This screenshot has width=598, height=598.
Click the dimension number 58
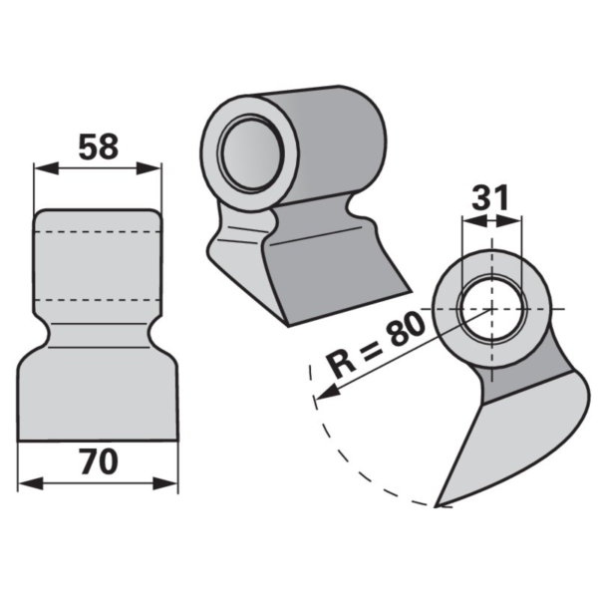click(99, 147)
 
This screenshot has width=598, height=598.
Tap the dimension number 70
click(100, 461)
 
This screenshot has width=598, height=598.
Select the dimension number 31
click(490, 198)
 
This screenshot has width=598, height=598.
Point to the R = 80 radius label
click(377, 345)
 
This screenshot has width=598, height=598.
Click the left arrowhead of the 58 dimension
click(46, 168)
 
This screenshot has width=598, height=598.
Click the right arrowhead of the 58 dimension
click(149, 168)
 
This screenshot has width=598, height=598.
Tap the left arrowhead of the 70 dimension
click(31, 483)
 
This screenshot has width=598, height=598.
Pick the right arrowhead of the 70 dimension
click(165, 483)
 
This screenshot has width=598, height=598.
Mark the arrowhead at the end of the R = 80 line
click(326, 394)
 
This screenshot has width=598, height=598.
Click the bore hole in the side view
click(492, 309)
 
